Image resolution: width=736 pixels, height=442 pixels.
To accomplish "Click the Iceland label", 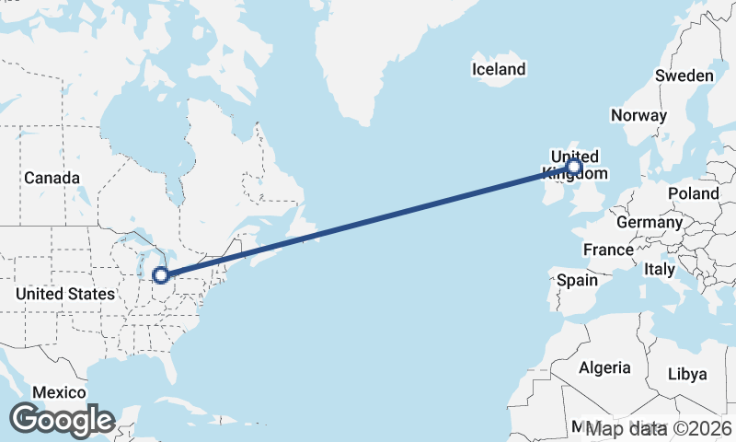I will pos(499,69).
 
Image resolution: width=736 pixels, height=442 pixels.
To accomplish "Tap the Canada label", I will pos(52,178).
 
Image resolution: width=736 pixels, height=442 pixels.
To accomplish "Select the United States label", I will pos(65,294).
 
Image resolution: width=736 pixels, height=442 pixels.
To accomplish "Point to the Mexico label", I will pos(59,392).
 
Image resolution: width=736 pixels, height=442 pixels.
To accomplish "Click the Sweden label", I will pos(684,76).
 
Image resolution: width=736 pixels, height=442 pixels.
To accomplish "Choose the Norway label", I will pos(638,116).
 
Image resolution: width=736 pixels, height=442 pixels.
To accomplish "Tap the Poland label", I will pos(694,193).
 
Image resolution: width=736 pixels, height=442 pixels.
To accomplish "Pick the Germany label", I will pos(650,222).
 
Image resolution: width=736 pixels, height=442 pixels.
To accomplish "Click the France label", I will pos(608,250).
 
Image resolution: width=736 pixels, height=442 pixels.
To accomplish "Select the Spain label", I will pos(577,280).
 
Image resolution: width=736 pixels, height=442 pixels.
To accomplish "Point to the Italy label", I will pos(659,270).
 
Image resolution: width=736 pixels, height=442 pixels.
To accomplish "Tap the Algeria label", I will pos(604,367).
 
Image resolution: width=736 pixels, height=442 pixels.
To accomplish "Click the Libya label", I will pos(687,374).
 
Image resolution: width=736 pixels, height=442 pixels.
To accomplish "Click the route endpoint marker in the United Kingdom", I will pos(574,167).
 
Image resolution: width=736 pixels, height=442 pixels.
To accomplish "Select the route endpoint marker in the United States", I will pos(160,274).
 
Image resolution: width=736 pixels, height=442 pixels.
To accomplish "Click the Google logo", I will pos(62,420).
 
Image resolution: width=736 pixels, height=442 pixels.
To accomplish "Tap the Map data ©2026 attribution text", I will pos(659,429).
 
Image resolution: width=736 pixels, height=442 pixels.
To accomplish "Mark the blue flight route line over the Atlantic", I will pos(368,221).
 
